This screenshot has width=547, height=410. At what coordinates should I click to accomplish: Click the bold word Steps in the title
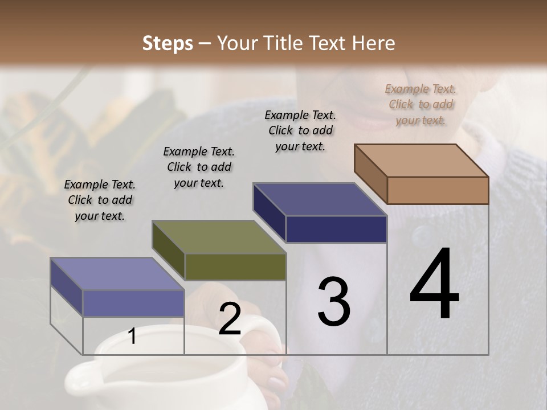[x=168, y=43]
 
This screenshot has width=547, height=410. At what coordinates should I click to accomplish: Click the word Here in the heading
[x=374, y=43]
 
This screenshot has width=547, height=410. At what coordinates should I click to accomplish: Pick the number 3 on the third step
[x=333, y=302]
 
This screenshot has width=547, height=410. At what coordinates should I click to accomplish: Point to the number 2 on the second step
[x=230, y=319]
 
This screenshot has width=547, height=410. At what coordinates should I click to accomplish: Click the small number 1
[x=132, y=336]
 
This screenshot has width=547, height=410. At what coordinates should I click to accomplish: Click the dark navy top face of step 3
[x=320, y=199]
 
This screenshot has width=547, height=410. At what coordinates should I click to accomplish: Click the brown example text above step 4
[x=421, y=104]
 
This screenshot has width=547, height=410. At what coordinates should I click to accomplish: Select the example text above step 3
[x=300, y=130]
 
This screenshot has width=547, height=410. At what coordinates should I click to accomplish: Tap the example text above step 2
[x=199, y=167]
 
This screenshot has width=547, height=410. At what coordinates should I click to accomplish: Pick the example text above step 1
[x=100, y=200]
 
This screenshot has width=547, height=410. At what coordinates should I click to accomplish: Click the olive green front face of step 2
[x=235, y=267]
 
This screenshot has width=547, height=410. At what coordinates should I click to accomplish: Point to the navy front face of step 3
[x=336, y=229]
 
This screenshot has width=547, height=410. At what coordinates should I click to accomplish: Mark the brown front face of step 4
[x=438, y=190]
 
